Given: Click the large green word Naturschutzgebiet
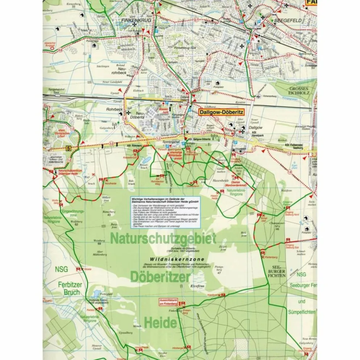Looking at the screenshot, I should click(163, 239).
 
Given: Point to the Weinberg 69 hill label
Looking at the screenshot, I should click(99, 241).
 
